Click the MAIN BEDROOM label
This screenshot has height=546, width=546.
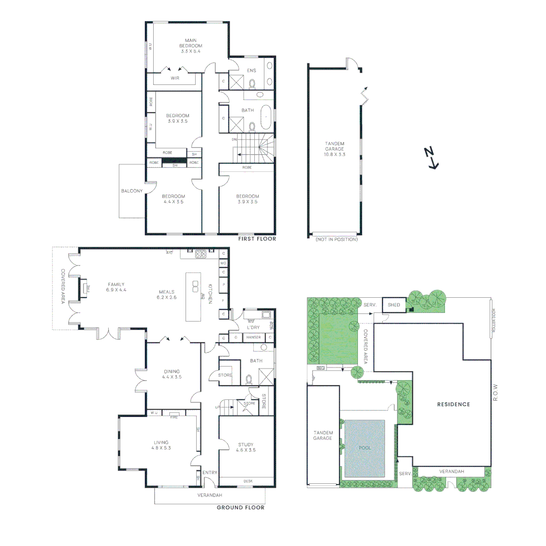point(190,43)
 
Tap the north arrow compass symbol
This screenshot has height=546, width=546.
point(431,157)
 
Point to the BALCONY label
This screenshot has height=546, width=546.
point(132,191)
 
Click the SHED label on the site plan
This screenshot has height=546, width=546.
point(394,305)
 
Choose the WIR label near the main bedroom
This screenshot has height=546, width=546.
point(175,78)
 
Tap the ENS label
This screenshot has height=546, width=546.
point(251,71)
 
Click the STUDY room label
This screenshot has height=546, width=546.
point(246,444)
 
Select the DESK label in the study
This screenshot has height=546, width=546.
point(248,481)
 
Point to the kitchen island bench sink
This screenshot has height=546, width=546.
point(195,287)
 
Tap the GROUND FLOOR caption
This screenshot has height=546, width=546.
point(240,508)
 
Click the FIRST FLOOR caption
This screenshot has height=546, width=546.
point(257,239)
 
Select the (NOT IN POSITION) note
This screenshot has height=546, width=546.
point(336,240)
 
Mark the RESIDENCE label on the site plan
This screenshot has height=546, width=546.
point(453,404)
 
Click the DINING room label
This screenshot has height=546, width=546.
point(171,372)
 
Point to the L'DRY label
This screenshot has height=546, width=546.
point(253,328)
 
